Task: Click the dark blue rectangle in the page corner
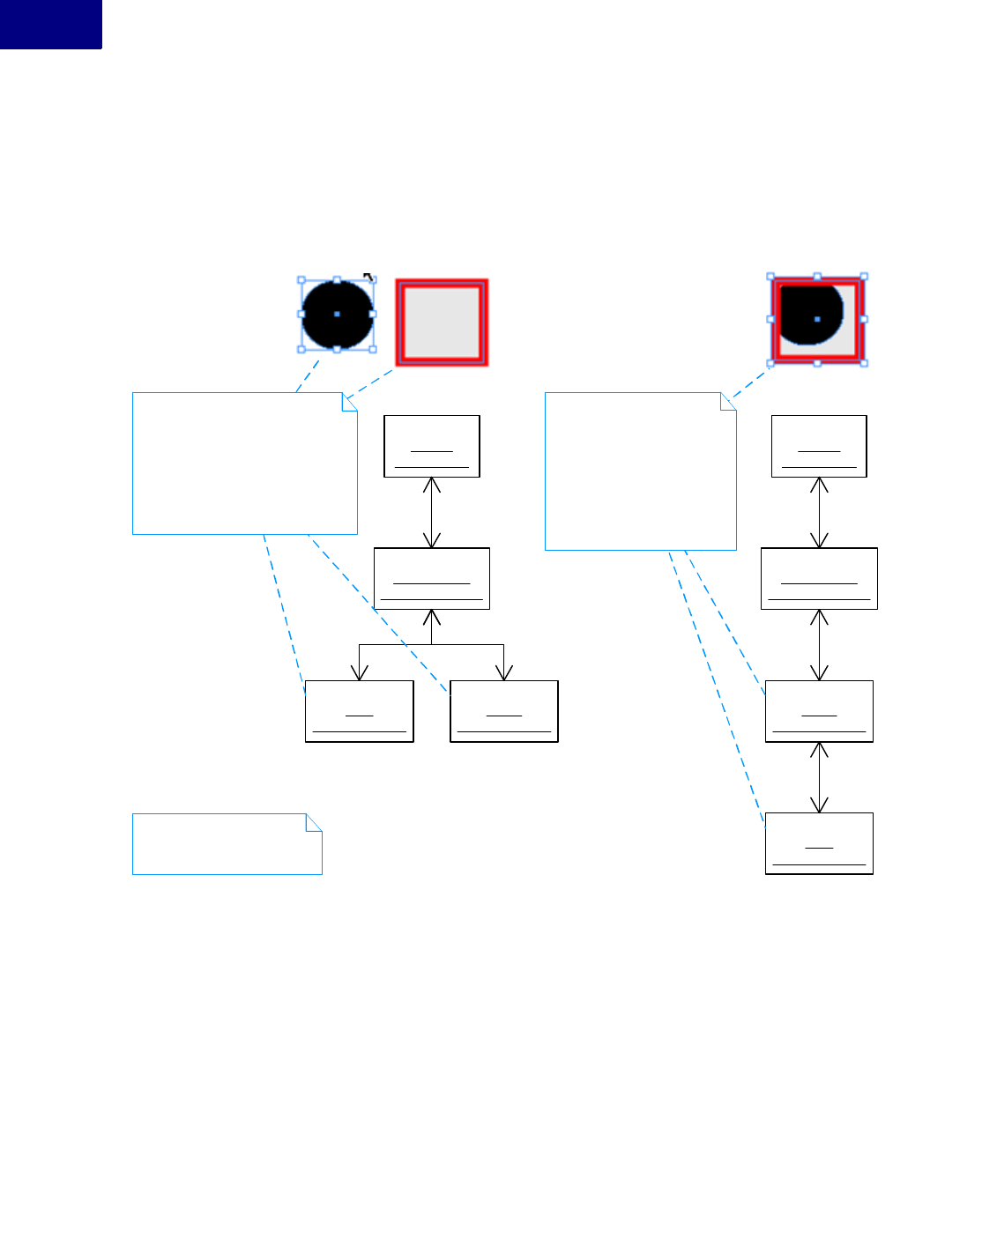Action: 50,24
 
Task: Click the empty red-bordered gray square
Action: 442,323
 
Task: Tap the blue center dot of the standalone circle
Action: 337,314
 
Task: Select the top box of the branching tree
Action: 432,446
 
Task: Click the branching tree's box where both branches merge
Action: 432,578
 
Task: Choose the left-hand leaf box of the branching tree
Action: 359,711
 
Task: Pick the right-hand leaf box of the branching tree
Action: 504,711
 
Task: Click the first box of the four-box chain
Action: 819,446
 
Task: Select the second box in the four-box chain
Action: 819,578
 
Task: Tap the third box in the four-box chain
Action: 819,711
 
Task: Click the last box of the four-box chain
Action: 819,843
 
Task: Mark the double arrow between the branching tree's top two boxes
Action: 432,513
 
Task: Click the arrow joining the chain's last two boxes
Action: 819,777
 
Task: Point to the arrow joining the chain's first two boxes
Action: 819,513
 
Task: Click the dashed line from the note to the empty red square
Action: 370,384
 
